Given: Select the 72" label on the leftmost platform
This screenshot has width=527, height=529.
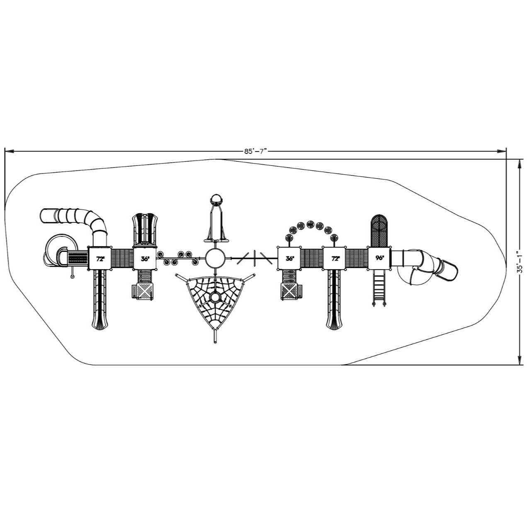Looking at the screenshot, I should (x=100, y=259).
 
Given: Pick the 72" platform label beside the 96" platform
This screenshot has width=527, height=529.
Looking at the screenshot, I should (x=335, y=258).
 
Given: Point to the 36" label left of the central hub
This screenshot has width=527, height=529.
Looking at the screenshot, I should (x=145, y=259).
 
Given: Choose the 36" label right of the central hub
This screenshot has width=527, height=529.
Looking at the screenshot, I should (x=290, y=258).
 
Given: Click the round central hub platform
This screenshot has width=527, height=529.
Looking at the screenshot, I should (x=216, y=258).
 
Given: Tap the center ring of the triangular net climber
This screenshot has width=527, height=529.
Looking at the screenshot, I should (x=215, y=297).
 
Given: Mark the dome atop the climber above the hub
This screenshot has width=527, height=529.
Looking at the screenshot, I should (x=216, y=200).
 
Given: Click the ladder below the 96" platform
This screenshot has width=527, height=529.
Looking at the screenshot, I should (x=378, y=288).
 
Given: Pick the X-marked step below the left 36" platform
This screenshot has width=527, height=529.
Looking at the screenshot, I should (x=145, y=292).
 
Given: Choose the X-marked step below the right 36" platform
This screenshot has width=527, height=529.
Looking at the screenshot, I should (x=290, y=292).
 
